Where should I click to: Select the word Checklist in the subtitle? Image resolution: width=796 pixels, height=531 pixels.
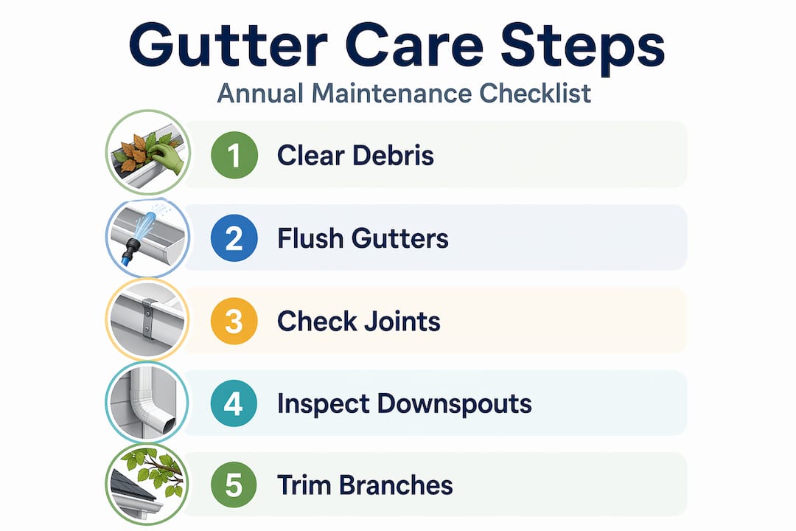(535, 94)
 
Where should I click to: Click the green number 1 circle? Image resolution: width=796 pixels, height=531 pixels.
(234, 155)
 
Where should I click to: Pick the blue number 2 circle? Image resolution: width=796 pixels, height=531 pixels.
(234, 237)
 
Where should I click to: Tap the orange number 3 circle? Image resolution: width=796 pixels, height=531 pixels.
(234, 321)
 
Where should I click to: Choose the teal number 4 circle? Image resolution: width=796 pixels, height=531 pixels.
(234, 403)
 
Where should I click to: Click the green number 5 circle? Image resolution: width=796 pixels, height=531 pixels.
(234, 485)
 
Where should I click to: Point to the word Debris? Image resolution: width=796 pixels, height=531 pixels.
(394, 155)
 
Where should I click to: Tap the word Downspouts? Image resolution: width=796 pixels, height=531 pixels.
(454, 404)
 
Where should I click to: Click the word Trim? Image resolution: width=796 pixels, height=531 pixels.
(304, 485)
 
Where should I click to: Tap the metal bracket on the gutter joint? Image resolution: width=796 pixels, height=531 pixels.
(148, 319)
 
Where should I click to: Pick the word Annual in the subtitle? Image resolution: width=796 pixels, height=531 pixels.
(260, 94)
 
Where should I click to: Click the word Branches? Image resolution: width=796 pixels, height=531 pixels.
(396, 485)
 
